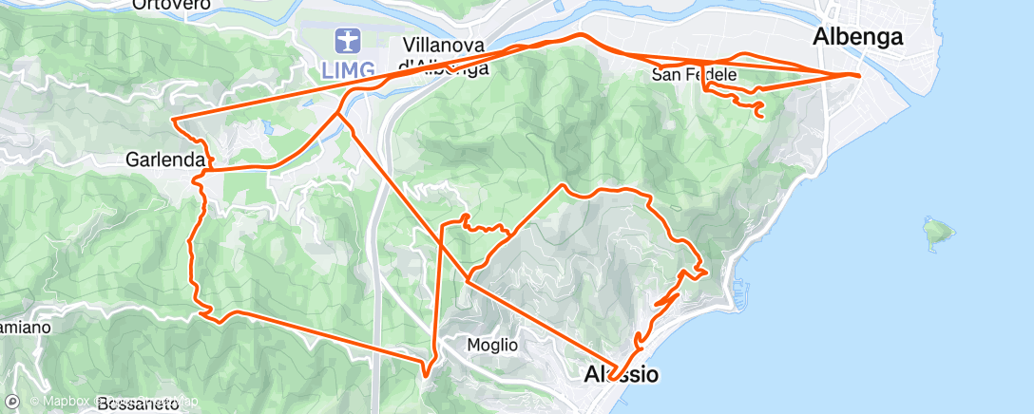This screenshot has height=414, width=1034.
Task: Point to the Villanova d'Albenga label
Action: [445, 55]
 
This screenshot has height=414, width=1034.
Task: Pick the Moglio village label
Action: [492, 345]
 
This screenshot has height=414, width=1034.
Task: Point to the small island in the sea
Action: [937, 230]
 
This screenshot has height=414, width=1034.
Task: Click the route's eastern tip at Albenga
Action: [859, 74]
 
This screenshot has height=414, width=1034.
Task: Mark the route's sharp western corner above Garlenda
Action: [171, 120]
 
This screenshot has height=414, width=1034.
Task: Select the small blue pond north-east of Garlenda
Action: [267, 124]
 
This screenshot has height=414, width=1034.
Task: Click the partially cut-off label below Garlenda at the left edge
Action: [21, 327]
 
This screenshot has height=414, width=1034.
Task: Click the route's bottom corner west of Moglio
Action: [425, 372]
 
